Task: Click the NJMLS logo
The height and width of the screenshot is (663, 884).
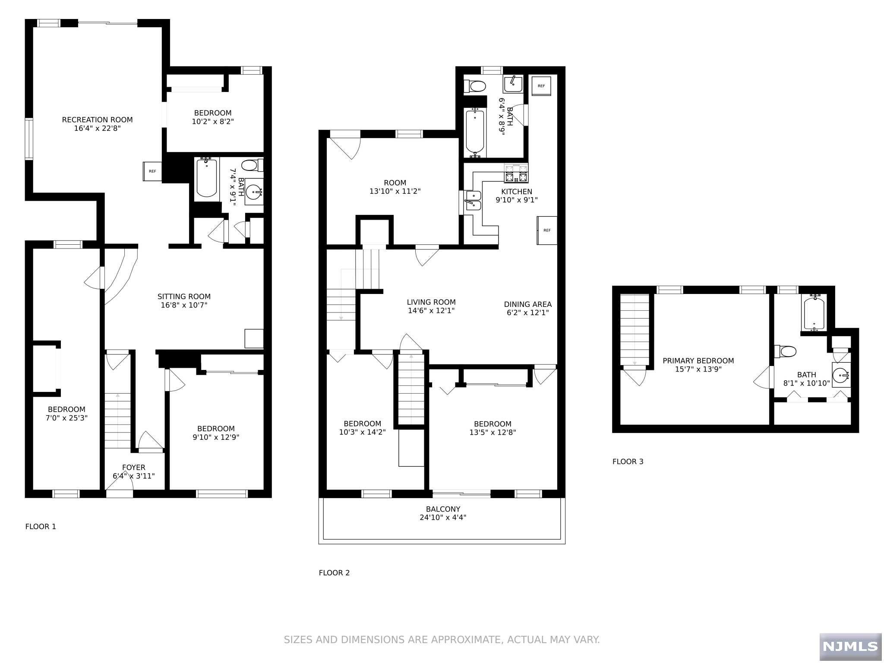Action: pyautogui.click(x=850, y=646)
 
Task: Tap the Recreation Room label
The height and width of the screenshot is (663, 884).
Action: pyautogui.click(x=97, y=120)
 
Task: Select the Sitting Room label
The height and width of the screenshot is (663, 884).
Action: pyautogui.click(x=184, y=297)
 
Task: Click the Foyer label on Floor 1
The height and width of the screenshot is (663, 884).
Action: pyautogui.click(x=134, y=467)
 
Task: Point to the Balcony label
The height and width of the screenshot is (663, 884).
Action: pyautogui.click(x=443, y=509)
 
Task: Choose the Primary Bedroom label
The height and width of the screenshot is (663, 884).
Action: pyautogui.click(x=698, y=361)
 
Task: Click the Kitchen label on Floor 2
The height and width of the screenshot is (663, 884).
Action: pyautogui.click(x=517, y=192)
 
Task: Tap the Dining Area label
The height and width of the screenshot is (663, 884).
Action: pyautogui.click(x=528, y=304)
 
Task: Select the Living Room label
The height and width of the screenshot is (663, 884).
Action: pyautogui.click(x=431, y=303)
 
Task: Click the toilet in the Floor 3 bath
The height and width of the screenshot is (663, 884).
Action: pyautogui.click(x=785, y=351)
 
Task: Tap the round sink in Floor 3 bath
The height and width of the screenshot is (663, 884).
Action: pyautogui.click(x=841, y=375)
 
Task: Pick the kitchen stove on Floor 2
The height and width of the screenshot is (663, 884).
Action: pyautogui.click(x=516, y=173)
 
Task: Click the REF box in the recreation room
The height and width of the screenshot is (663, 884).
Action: pyautogui.click(x=152, y=171)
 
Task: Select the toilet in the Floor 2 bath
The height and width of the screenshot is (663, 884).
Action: pyautogui.click(x=475, y=86)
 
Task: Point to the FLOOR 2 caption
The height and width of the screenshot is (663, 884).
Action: pyautogui.click(x=334, y=573)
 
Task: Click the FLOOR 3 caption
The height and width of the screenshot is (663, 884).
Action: pyautogui.click(x=628, y=461)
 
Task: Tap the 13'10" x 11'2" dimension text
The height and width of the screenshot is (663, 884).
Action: pyautogui.click(x=395, y=191)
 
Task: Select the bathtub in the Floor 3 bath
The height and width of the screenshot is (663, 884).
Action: pyautogui.click(x=814, y=313)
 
